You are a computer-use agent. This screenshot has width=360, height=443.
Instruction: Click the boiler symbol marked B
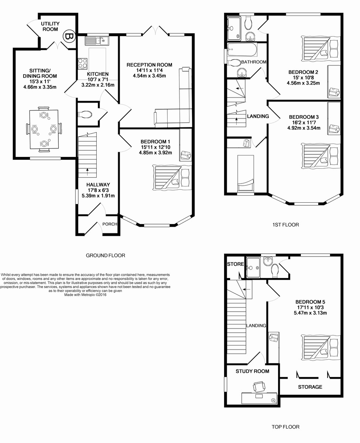pos(69,37)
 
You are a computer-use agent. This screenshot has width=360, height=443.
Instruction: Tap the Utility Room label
pos(50,27)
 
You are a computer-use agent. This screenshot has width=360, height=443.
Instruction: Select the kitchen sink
pos(96,41)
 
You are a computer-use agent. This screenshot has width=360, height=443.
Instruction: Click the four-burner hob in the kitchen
pos(83,63)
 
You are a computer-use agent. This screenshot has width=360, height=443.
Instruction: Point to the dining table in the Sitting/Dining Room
pos(44,129)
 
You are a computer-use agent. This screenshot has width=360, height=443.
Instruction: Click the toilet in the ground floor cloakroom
pos(85,114)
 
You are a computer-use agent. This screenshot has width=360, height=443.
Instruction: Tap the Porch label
pos(110,224)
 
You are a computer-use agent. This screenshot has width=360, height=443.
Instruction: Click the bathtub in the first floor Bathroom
pos(242,49)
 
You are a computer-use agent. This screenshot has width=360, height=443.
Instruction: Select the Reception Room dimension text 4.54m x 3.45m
pos(149,76)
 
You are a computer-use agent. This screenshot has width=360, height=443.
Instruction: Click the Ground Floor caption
pos(106,255)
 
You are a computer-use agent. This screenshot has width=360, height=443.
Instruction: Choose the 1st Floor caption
pos(285,224)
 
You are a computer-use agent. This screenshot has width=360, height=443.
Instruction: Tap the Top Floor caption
pos(285,427)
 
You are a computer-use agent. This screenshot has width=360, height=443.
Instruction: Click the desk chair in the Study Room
pos(259,387)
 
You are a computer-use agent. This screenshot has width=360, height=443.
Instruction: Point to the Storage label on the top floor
pos(310,387)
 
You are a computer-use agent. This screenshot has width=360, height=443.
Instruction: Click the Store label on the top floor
pos(236,264)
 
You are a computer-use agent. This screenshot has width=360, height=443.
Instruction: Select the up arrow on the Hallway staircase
pos(88,172)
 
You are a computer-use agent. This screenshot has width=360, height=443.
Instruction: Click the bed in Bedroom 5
pos(321,348)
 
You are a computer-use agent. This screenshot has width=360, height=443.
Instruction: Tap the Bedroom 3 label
pos(304,117)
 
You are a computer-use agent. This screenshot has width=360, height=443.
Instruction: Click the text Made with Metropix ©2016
pos(85,295)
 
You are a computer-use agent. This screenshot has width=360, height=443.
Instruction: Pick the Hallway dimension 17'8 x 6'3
pos(98,190)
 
